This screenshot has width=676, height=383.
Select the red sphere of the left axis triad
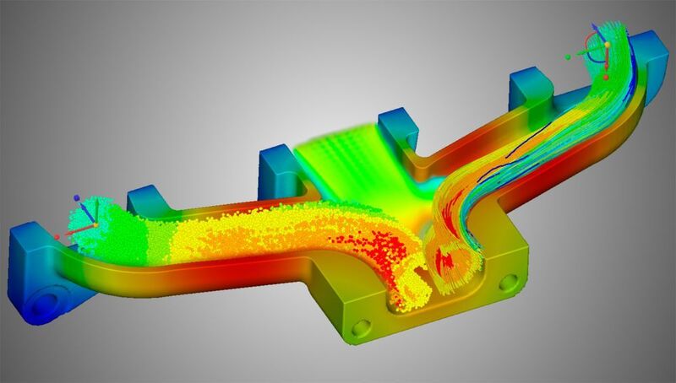pyautogui.click(x=57, y=237)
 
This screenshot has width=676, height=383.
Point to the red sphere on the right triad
pyautogui.click(x=607, y=76)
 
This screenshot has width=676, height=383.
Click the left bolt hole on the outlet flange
pyautogui.click(x=362, y=326)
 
